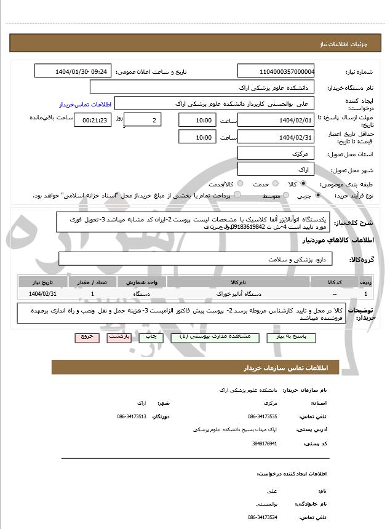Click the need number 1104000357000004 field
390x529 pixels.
276,71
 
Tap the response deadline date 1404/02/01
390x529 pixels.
276,119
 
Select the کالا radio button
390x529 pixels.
303,183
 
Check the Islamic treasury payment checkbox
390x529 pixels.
237,195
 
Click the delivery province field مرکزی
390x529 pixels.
276,153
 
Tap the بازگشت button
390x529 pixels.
117,337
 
